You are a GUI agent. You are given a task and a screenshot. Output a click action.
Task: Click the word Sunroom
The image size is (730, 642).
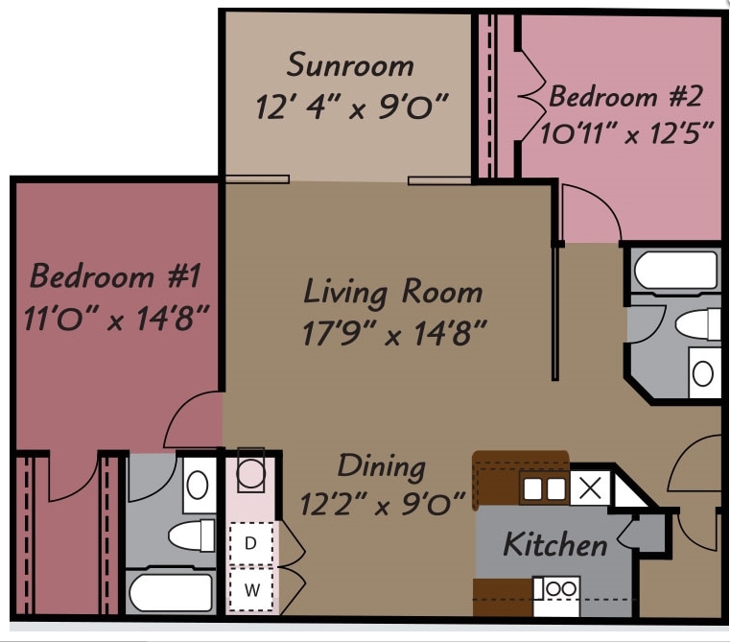[350, 66]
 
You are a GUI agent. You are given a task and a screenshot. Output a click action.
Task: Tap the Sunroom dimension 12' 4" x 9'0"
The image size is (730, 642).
[352, 106]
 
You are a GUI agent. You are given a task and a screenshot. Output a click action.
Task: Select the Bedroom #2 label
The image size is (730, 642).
[625, 96]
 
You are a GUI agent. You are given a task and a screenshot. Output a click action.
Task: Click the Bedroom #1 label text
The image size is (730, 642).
[115, 276]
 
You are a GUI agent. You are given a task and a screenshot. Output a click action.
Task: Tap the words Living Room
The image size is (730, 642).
[393, 291]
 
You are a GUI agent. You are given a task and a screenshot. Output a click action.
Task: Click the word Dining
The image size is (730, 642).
[381, 466]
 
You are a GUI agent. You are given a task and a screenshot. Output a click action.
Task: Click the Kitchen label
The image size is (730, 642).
[555, 545]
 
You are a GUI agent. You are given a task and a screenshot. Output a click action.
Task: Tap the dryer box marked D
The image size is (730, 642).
[251, 543]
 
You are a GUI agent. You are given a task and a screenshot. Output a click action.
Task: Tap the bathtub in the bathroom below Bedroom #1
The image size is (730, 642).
[171, 591]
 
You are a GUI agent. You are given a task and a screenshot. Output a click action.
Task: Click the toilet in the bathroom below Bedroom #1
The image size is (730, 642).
[192, 536]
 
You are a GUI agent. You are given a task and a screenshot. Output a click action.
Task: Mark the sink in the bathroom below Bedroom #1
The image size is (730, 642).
[199, 486]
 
